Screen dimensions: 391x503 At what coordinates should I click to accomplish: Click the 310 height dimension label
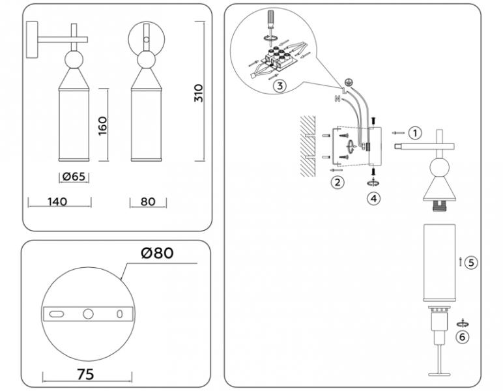[199, 93]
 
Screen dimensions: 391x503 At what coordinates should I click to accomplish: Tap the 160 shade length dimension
[102, 126]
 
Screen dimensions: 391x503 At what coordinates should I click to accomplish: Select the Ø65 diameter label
[74, 177]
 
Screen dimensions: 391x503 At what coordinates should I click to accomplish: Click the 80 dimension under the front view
[148, 202]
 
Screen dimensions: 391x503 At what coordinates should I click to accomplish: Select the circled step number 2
[337, 182]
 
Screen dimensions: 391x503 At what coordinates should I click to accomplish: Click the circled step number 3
[279, 85]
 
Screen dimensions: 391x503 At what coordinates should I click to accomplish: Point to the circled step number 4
[373, 199]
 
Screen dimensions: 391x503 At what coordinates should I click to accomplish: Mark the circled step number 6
[462, 338]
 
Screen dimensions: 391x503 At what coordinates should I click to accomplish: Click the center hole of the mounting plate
[88, 314]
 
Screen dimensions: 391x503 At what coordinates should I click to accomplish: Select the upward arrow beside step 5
[461, 262]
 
